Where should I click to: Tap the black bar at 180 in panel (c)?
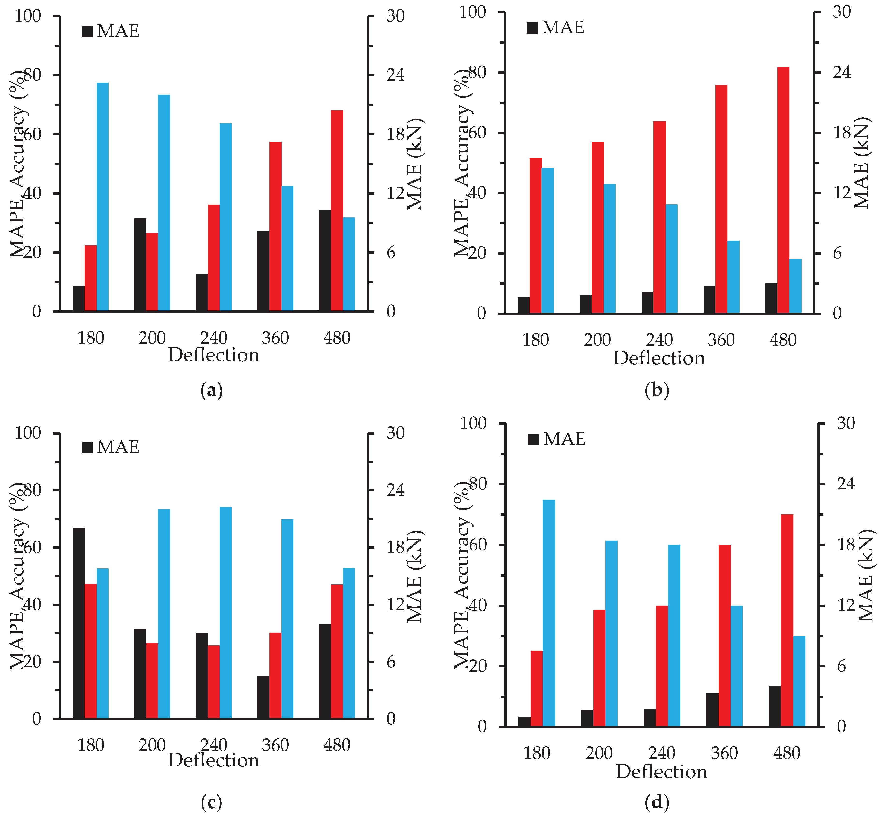tap(79, 623)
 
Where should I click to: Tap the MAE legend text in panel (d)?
tap(564, 439)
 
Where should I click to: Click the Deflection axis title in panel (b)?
tap(659, 358)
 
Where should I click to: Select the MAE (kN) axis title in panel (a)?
tap(415, 164)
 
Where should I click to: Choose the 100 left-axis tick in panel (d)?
tap(473, 423)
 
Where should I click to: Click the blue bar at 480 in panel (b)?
tap(795, 286)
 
